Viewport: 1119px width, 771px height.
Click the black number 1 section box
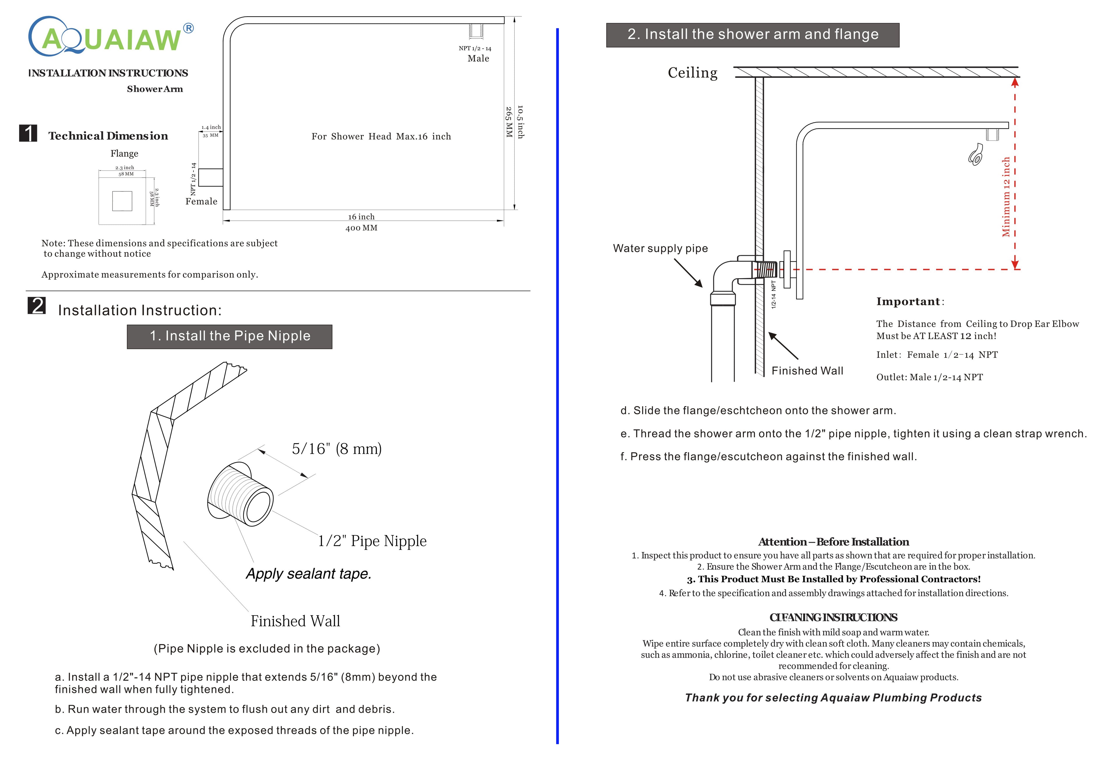(28, 133)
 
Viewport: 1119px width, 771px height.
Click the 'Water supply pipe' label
(660, 248)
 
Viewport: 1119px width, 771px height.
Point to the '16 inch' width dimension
(361, 217)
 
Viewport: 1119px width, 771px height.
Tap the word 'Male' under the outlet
(478, 58)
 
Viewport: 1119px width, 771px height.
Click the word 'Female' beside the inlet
(201, 201)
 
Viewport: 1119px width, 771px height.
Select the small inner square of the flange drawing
(122, 201)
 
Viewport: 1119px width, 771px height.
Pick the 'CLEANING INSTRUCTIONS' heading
(833, 617)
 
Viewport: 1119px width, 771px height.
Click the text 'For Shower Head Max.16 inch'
(381, 137)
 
